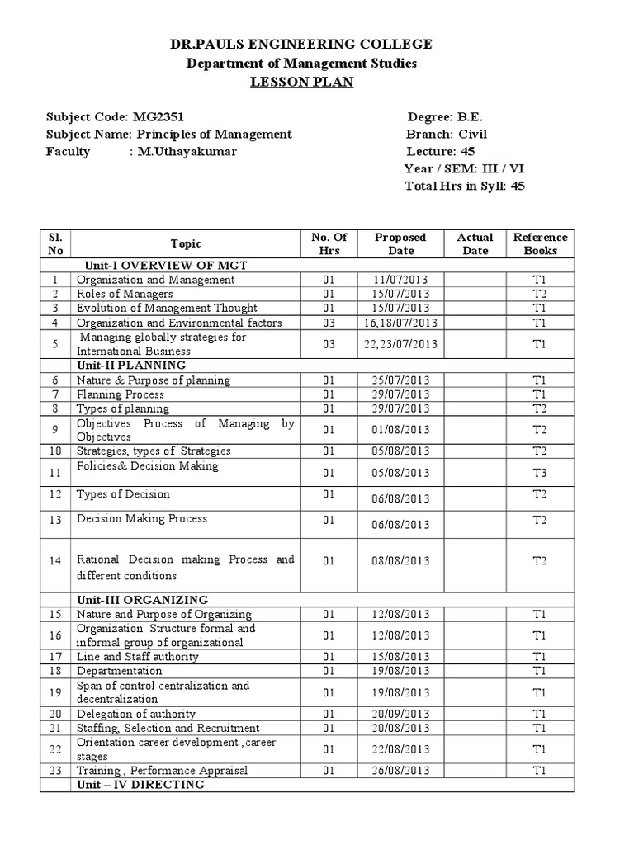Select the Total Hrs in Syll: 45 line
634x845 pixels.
point(464,186)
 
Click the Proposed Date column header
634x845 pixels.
point(400,243)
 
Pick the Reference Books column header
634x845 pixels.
point(541,243)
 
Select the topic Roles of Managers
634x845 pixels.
point(125,294)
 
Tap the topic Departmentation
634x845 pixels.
point(120,671)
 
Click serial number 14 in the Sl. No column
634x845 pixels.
point(55,560)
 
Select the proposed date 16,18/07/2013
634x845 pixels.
point(400,323)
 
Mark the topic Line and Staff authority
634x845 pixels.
point(137,657)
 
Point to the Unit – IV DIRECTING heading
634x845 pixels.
point(140,785)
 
